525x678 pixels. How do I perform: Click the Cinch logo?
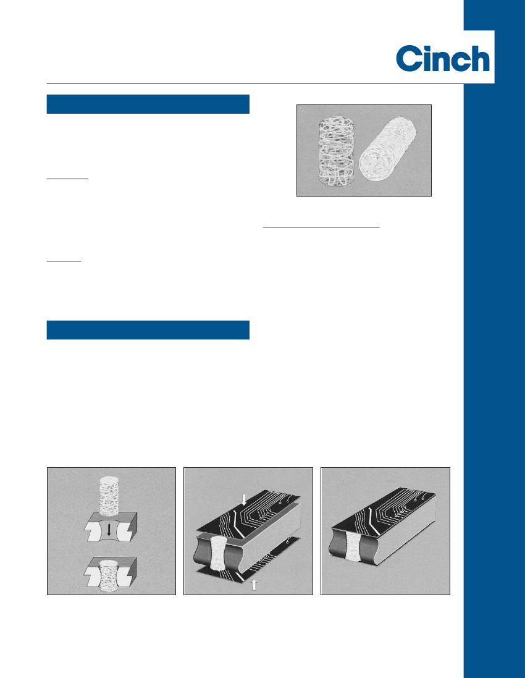(443, 58)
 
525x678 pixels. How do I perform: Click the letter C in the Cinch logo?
(409, 58)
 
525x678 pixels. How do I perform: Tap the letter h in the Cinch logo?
(480, 58)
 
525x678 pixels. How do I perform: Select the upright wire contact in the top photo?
(336, 150)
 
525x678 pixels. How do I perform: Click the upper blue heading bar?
(148, 104)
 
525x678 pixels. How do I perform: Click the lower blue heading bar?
(148, 330)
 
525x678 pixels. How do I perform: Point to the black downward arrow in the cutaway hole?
(109, 530)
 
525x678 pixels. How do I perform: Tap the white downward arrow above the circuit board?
(244, 499)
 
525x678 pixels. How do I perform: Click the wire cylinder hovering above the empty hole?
(109, 496)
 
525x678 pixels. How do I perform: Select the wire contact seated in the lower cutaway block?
(109, 576)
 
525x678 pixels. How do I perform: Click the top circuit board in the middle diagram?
(248, 512)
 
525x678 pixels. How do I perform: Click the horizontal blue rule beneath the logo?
(255, 83)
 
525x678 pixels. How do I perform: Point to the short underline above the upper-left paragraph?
(67, 178)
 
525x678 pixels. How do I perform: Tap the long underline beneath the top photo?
(321, 226)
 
